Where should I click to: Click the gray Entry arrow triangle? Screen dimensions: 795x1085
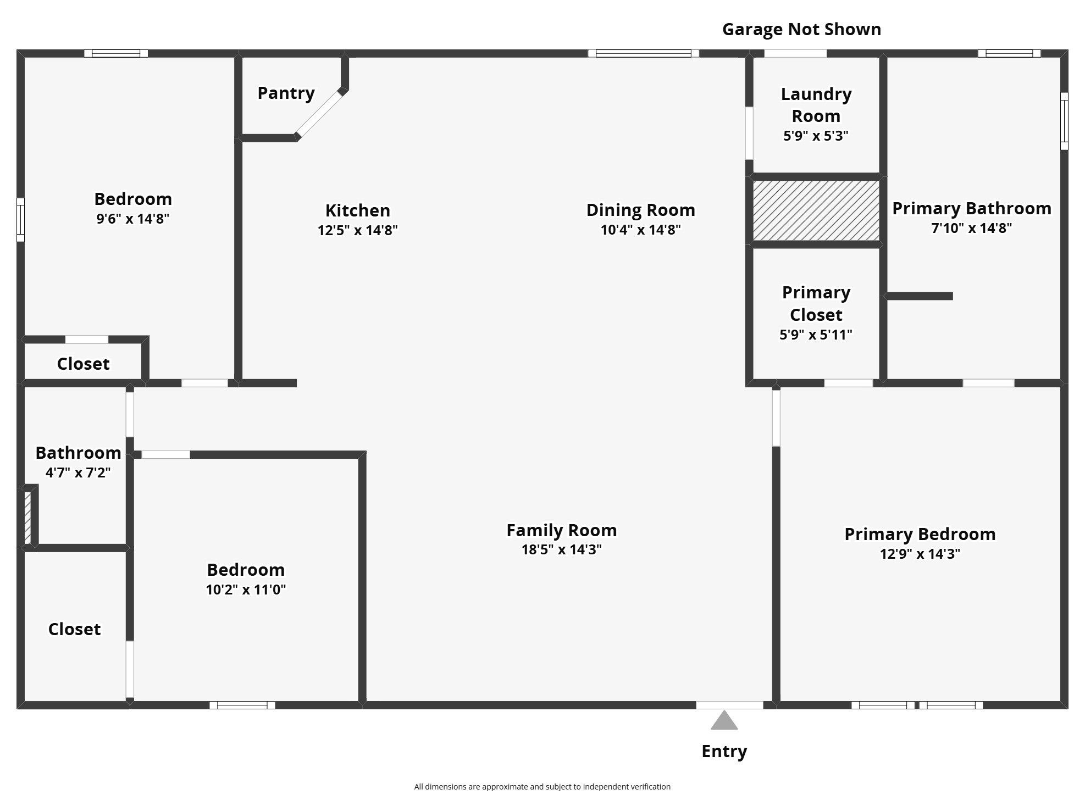[x=724, y=721]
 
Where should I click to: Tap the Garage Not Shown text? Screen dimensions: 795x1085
[x=801, y=29]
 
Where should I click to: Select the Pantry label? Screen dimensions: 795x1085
[x=286, y=93]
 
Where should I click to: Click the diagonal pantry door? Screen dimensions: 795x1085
[x=319, y=114]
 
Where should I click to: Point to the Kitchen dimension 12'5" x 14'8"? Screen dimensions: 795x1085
[x=357, y=230]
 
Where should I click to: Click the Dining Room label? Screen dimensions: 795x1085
[x=640, y=210]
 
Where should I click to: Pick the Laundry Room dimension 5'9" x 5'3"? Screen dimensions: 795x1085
[x=816, y=136]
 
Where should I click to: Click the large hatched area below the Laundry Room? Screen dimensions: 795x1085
[x=816, y=210]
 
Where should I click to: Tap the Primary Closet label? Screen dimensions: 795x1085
[x=816, y=303]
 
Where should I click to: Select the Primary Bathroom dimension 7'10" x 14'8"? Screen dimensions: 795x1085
[x=971, y=228]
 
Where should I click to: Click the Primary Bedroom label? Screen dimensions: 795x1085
[x=920, y=534]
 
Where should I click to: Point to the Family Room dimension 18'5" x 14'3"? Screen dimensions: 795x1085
[x=561, y=549]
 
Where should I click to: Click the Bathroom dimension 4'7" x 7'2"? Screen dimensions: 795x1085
[x=78, y=472]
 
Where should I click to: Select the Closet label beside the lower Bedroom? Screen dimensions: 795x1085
[x=74, y=629]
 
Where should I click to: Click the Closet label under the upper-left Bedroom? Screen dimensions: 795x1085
[x=83, y=364]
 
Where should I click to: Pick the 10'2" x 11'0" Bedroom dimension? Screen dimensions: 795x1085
[x=246, y=590]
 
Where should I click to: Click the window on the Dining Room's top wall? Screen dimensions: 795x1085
[x=643, y=53]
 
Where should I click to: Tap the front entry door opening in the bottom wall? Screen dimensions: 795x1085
[x=729, y=705]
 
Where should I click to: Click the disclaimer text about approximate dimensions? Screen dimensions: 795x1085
[x=542, y=787]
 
